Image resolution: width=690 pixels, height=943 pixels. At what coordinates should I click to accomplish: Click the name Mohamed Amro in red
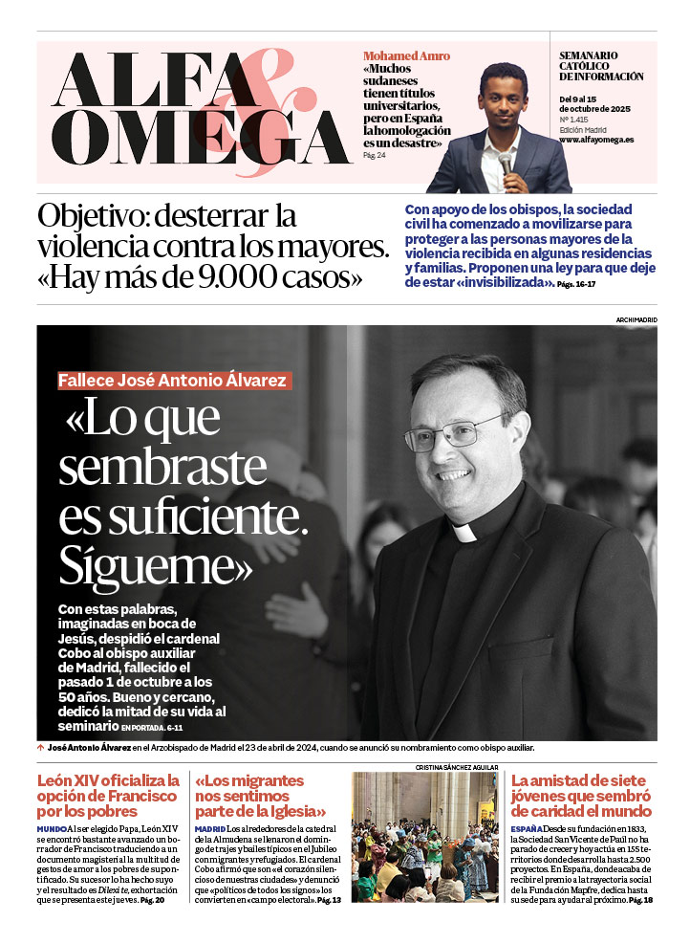[x=406, y=55]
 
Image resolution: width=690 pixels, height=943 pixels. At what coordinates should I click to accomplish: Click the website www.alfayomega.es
[x=595, y=140]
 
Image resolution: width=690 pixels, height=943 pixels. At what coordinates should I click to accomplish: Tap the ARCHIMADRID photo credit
[x=636, y=319]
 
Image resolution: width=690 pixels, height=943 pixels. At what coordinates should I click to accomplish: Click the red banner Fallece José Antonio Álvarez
[x=172, y=380]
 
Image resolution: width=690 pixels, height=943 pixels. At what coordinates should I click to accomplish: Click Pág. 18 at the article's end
[x=640, y=900]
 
